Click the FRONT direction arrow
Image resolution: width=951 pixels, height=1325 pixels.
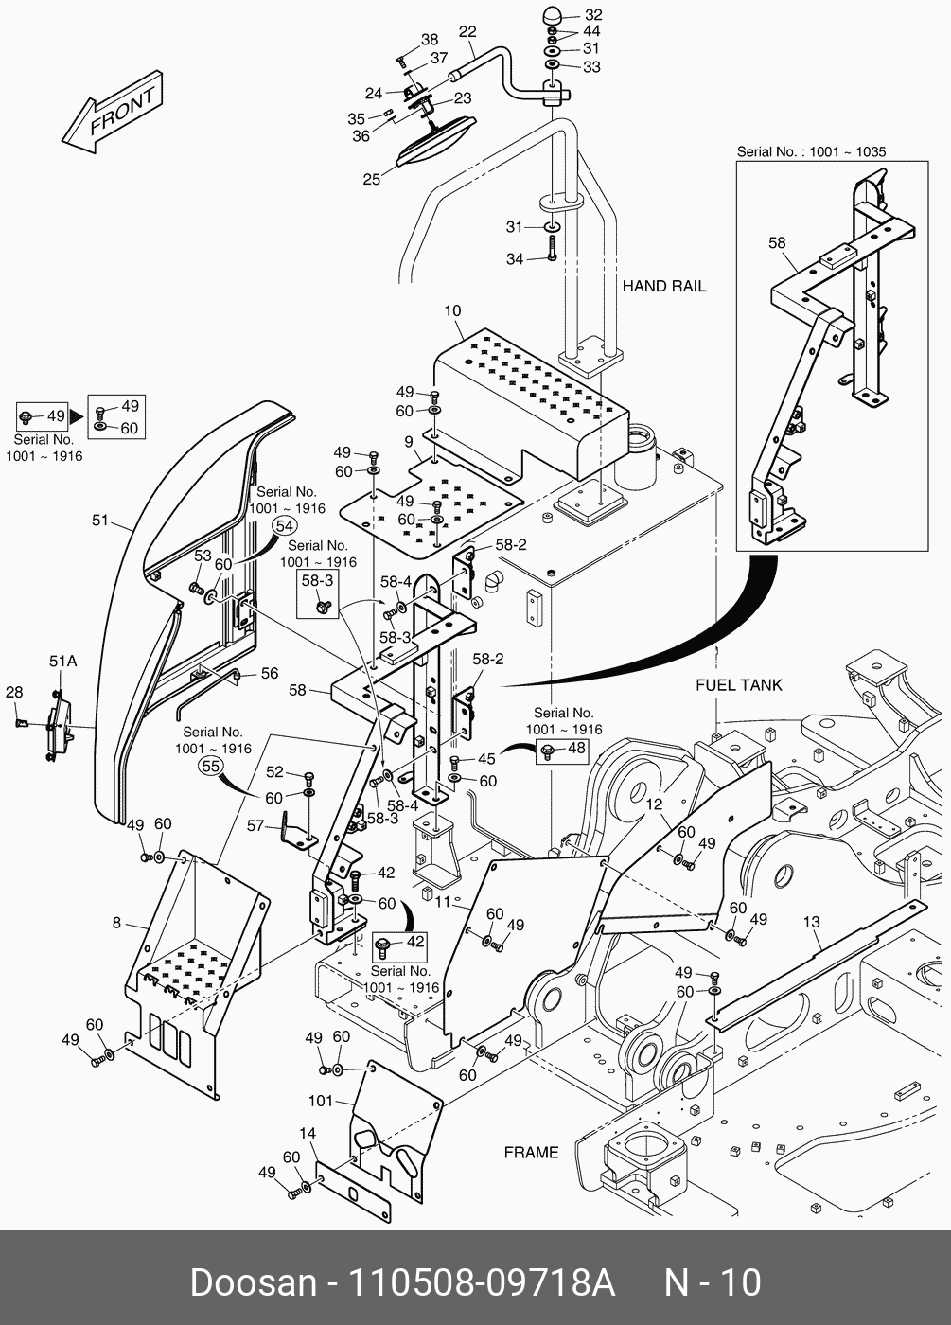tap(112, 113)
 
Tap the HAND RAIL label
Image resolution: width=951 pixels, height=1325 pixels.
tap(664, 286)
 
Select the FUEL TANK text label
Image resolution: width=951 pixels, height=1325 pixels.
tap(739, 685)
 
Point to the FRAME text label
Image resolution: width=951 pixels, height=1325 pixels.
tap(531, 1153)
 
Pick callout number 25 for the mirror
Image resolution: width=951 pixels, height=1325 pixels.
tap(371, 179)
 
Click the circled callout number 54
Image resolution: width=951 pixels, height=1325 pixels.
tap(285, 526)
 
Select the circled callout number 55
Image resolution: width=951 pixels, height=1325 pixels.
tap(210, 766)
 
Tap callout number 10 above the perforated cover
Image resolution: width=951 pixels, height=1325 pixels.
tap(452, 310)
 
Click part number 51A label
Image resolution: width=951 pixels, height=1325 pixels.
tap(62, 662)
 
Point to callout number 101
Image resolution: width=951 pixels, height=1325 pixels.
tap(321, 1101)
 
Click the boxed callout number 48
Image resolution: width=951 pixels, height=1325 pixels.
tap(576, 748)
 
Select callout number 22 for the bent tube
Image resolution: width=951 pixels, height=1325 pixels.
tap(467, 31)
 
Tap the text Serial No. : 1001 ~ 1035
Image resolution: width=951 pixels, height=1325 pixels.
tap(812, 151)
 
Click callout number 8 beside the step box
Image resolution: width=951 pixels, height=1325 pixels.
tap(116, 923)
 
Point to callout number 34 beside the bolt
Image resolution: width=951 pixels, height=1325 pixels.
tap(515, 259)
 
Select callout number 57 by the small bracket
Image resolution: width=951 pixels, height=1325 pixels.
tap(255, 825)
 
